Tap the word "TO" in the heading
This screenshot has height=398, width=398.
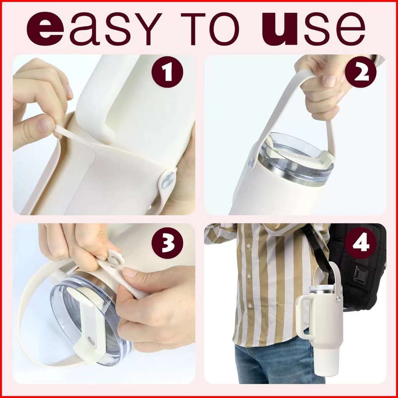click(210, 29)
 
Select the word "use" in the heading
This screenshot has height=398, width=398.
click(313, 29)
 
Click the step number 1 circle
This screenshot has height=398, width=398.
click(167, 72)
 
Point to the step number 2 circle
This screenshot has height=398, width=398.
click(360, 72)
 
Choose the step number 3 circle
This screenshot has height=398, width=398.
click(167, 243)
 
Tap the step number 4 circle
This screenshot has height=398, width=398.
click(360, 243)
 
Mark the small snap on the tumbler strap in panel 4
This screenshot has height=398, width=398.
click(338, 299)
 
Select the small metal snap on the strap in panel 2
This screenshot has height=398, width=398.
click(251, 163)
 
